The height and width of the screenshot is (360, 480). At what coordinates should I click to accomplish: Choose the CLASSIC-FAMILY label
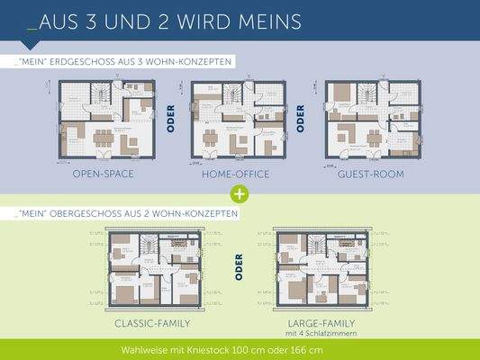click(153, 322)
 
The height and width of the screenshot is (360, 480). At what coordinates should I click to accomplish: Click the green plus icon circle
click(240, 193)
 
